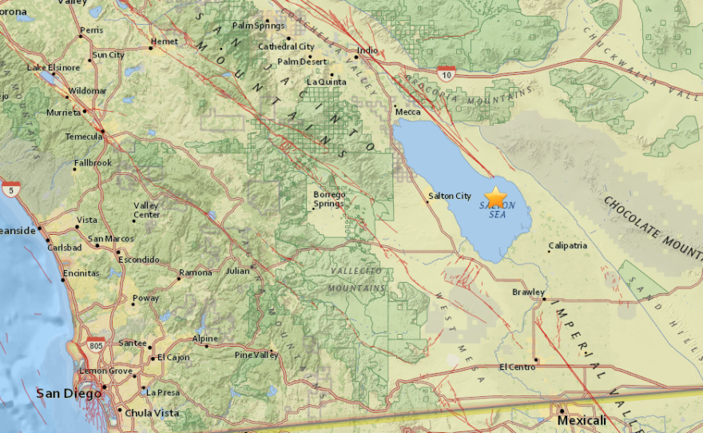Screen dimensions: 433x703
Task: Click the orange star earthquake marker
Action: (x=496, y=196)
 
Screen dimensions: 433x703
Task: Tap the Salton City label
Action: (x=450, y=196)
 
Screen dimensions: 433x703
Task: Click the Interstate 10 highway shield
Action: (x=447, y=73)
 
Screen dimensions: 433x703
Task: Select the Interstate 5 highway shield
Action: (x=10, y=189)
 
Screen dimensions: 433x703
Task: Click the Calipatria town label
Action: (x=568, y=245)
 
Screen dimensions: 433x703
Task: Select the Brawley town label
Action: (x=528, y=292)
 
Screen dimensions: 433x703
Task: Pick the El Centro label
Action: (x=514, y=367)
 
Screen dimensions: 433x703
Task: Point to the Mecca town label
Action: (x=407, y=112)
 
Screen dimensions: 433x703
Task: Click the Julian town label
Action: (x=237, y=271)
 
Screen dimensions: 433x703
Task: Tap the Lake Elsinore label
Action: (x=53, y=67)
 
